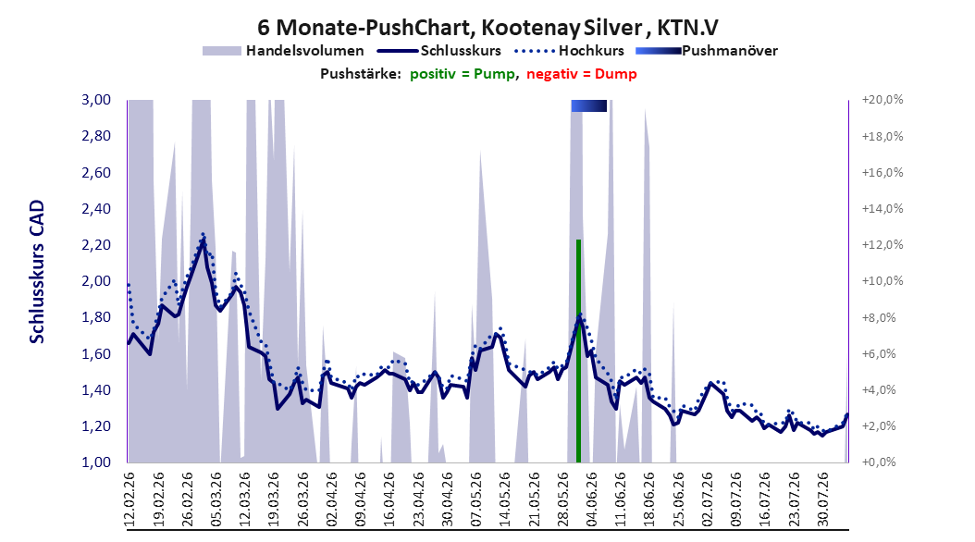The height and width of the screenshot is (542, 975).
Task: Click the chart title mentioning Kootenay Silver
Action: click(487, 28)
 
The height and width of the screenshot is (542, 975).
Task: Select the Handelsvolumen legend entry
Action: click(283, 51)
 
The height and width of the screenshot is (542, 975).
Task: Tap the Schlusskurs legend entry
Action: click(439, 51)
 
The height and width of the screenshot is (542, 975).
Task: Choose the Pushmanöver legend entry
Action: click(707, 51)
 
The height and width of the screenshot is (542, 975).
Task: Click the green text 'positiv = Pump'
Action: click(463, 74)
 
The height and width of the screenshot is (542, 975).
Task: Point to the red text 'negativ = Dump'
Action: click(582, 74)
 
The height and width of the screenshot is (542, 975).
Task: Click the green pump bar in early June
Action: click(578, 351)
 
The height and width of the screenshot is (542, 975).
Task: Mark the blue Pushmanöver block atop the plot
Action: click(589, 105)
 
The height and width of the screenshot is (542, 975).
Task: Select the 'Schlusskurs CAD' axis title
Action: click(37, 272)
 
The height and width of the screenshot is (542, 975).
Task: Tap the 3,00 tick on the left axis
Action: click(96, 100)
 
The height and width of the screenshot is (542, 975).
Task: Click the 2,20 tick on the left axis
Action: click(96, 245)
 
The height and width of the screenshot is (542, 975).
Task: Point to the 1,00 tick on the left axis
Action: click(96, 462)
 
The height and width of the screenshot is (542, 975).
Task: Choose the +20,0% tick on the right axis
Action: click(882, 100)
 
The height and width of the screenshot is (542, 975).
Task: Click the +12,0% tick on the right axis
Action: click(882, 245)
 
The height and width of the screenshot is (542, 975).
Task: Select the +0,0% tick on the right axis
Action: click(879, 462)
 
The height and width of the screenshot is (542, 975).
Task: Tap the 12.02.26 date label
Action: click(130, 499)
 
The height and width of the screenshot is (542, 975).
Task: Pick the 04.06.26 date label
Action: click(591, 499)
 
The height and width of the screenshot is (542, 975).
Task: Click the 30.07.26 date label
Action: click(822, 499)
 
